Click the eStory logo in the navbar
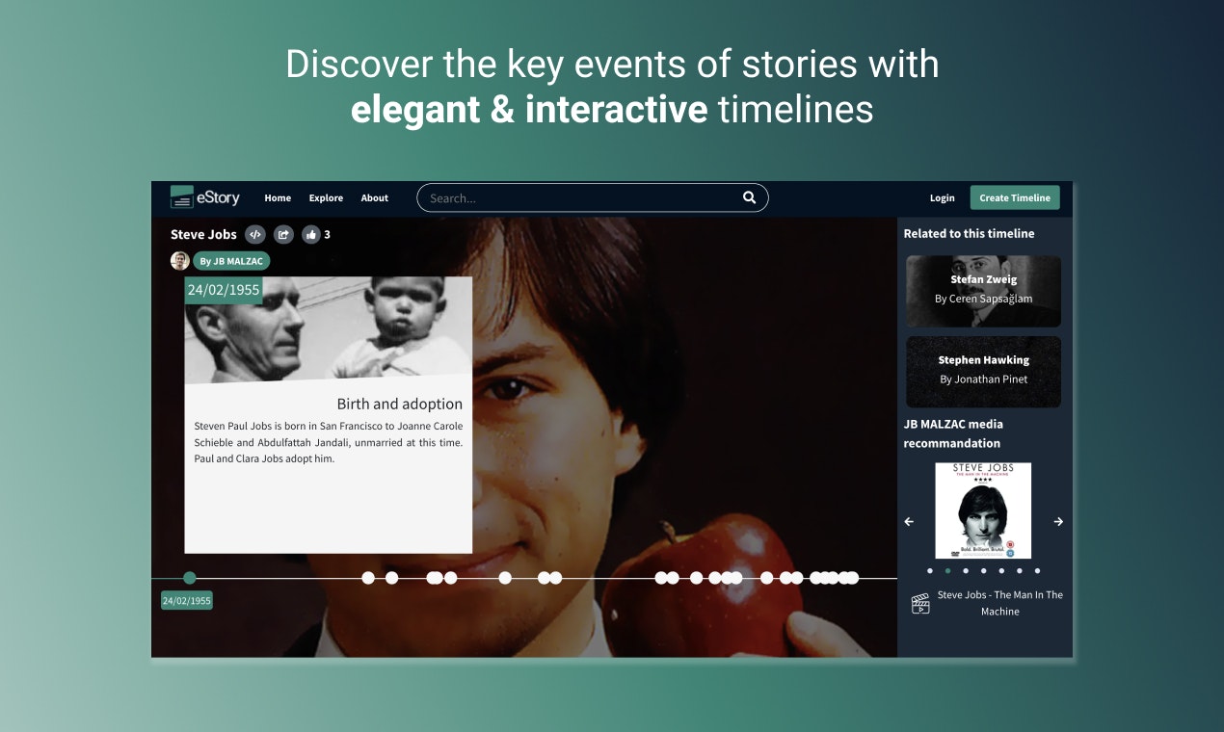coord(204,197)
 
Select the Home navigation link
coord(278,198)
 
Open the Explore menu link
coord(326,198)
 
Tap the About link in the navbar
coord(375,198)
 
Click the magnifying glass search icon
coord(749,197)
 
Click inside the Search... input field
coord(578,198)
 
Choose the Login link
coord(942,198)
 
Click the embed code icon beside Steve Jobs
coord(255,234)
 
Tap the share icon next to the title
coord(283,234)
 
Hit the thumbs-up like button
coord(311,234)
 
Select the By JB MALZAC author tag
coord(231,261)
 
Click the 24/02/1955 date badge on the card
coord(224,290)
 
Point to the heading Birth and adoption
coord(399,405)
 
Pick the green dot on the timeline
coord(190,578)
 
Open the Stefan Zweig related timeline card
coord(983,291)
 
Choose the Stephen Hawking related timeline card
coord(983,371)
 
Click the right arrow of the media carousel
coord(1058,521)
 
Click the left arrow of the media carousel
coord(909,521)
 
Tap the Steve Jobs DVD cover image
coord(983,510)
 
